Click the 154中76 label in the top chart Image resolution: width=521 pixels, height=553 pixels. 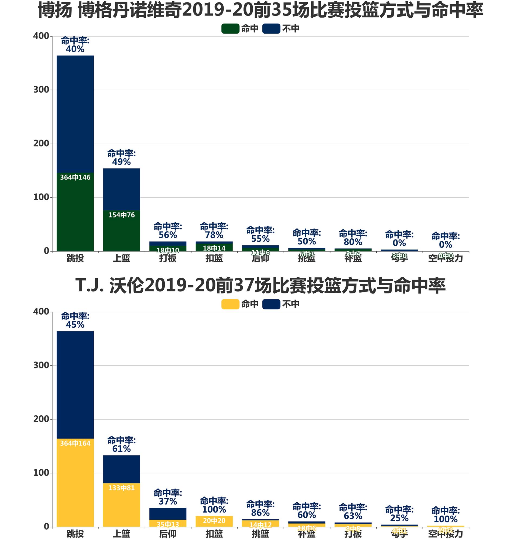pos(122,215)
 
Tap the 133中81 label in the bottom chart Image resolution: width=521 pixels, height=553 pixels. pos(122,488)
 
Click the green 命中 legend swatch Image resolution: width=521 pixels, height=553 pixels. pos(230,29)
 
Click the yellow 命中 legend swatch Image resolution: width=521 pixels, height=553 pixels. pos(230,304)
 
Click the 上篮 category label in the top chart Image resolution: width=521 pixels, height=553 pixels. pos(122,258)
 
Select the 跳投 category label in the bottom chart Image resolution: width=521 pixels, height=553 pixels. pos(75,534)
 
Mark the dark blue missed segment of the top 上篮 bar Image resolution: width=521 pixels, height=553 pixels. pos(122,189)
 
